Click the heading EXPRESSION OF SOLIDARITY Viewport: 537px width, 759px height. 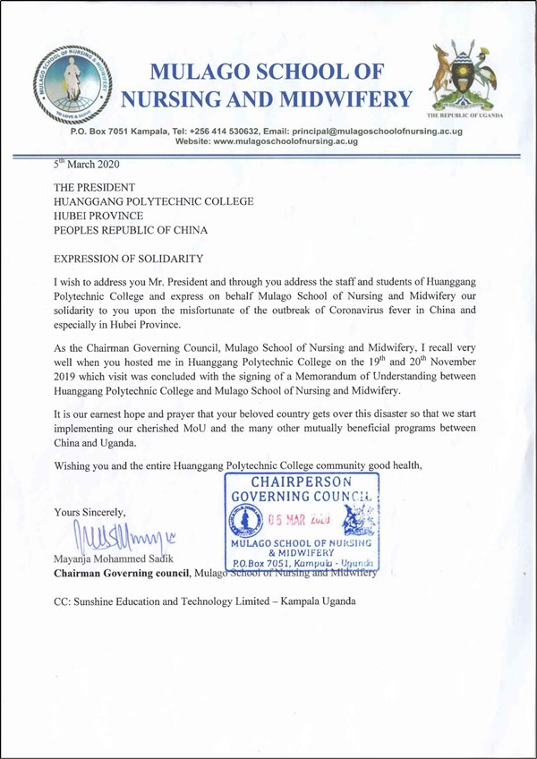(129, 259)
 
